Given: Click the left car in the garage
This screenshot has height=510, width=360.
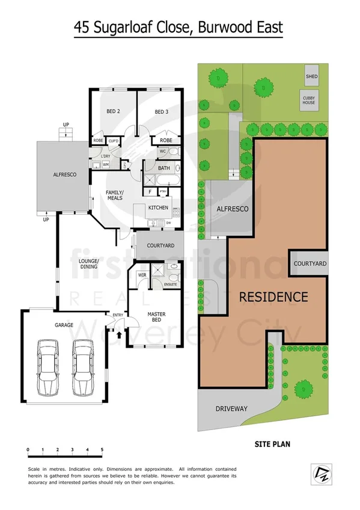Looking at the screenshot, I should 47,367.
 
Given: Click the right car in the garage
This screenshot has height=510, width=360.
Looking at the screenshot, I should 81,367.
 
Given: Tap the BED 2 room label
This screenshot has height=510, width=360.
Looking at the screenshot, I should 113,112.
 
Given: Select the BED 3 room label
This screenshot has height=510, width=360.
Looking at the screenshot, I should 161,112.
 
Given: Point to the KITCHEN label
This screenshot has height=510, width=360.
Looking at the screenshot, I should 159,207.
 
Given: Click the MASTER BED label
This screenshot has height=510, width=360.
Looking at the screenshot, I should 157,318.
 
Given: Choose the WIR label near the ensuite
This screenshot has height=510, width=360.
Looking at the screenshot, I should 143,275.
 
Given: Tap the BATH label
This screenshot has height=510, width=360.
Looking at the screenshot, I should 165,169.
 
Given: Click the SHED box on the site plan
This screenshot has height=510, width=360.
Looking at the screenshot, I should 311,76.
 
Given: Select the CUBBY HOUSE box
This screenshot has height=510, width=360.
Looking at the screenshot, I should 308,99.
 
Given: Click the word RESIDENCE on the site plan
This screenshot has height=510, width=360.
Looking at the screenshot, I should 273,296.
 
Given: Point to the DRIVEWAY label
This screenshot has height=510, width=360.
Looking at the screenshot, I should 231,409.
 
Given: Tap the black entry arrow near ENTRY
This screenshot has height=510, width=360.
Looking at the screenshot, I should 119,330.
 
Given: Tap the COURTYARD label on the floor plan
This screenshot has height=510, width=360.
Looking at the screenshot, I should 160,245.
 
